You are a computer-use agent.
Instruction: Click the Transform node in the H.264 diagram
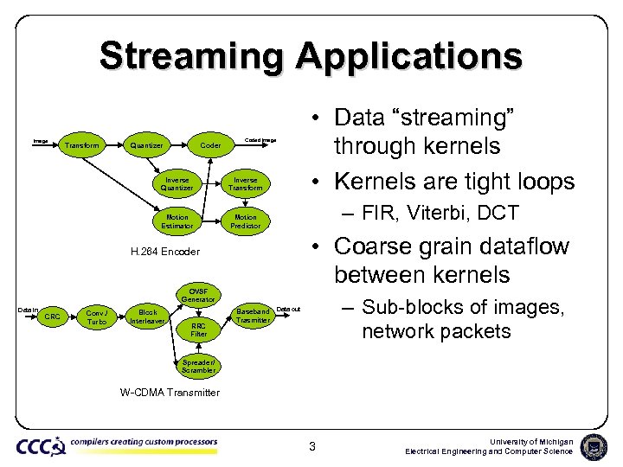click(x=83, y=145)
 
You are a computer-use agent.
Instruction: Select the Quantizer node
click(x=146, y=145)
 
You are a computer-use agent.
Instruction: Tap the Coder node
click(x=210, y=145)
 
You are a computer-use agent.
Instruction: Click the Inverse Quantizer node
click(x=177, y=184)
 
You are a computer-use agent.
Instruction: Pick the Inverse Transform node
click(x=246, y=184)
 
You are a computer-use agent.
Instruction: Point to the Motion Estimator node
click(x=177, y=221)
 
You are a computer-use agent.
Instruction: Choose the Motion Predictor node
click(x=246, y=221)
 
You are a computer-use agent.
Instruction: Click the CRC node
click(x=53, y=317)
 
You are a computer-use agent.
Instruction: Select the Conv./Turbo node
click(x=97, y=317)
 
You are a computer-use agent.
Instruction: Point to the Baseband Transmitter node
click(x=254, y=314)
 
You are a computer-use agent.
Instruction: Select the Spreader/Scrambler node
click(x=198, y=366)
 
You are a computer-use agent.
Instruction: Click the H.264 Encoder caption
click(x=164, y=252)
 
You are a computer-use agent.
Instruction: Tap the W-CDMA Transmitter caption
click(x=170, y=393)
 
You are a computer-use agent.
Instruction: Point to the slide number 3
click(x=314, y=446)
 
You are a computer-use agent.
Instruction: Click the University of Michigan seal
click(x=594, y=446)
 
